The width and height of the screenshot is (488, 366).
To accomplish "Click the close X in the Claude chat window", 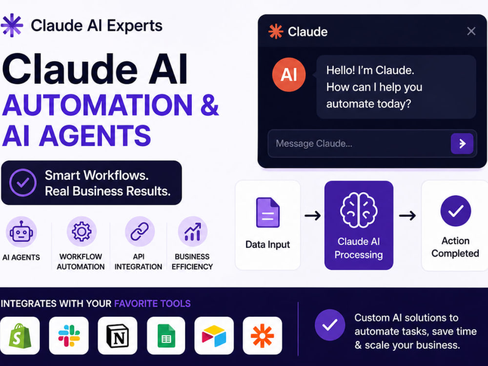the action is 471,31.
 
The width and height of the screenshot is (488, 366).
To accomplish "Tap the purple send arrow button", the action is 462,143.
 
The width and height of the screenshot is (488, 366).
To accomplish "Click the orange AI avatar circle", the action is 289,75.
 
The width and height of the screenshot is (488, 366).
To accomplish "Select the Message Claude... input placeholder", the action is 314,143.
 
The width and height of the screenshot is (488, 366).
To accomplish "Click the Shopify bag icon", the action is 20,336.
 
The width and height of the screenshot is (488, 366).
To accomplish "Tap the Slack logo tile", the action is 69,336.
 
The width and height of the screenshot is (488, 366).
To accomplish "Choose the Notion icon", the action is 118,336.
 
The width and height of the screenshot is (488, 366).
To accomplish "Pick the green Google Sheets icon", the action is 166,336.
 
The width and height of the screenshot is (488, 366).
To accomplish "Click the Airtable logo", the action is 214,336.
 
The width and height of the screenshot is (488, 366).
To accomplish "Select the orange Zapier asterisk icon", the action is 263,336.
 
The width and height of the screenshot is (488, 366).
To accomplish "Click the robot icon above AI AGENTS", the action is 21,232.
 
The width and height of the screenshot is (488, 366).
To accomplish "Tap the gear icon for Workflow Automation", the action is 81,231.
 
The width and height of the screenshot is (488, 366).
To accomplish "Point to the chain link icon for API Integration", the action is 140,231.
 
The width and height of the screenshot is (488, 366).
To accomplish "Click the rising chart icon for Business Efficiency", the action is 193,232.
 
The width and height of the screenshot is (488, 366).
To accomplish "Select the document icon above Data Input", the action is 267,213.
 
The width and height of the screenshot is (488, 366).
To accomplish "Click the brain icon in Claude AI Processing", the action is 359,210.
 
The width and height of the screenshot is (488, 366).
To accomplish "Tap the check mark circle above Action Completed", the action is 456,211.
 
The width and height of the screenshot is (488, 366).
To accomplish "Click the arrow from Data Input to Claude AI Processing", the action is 312,215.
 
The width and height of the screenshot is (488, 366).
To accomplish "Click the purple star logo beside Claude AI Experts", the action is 12,25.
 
